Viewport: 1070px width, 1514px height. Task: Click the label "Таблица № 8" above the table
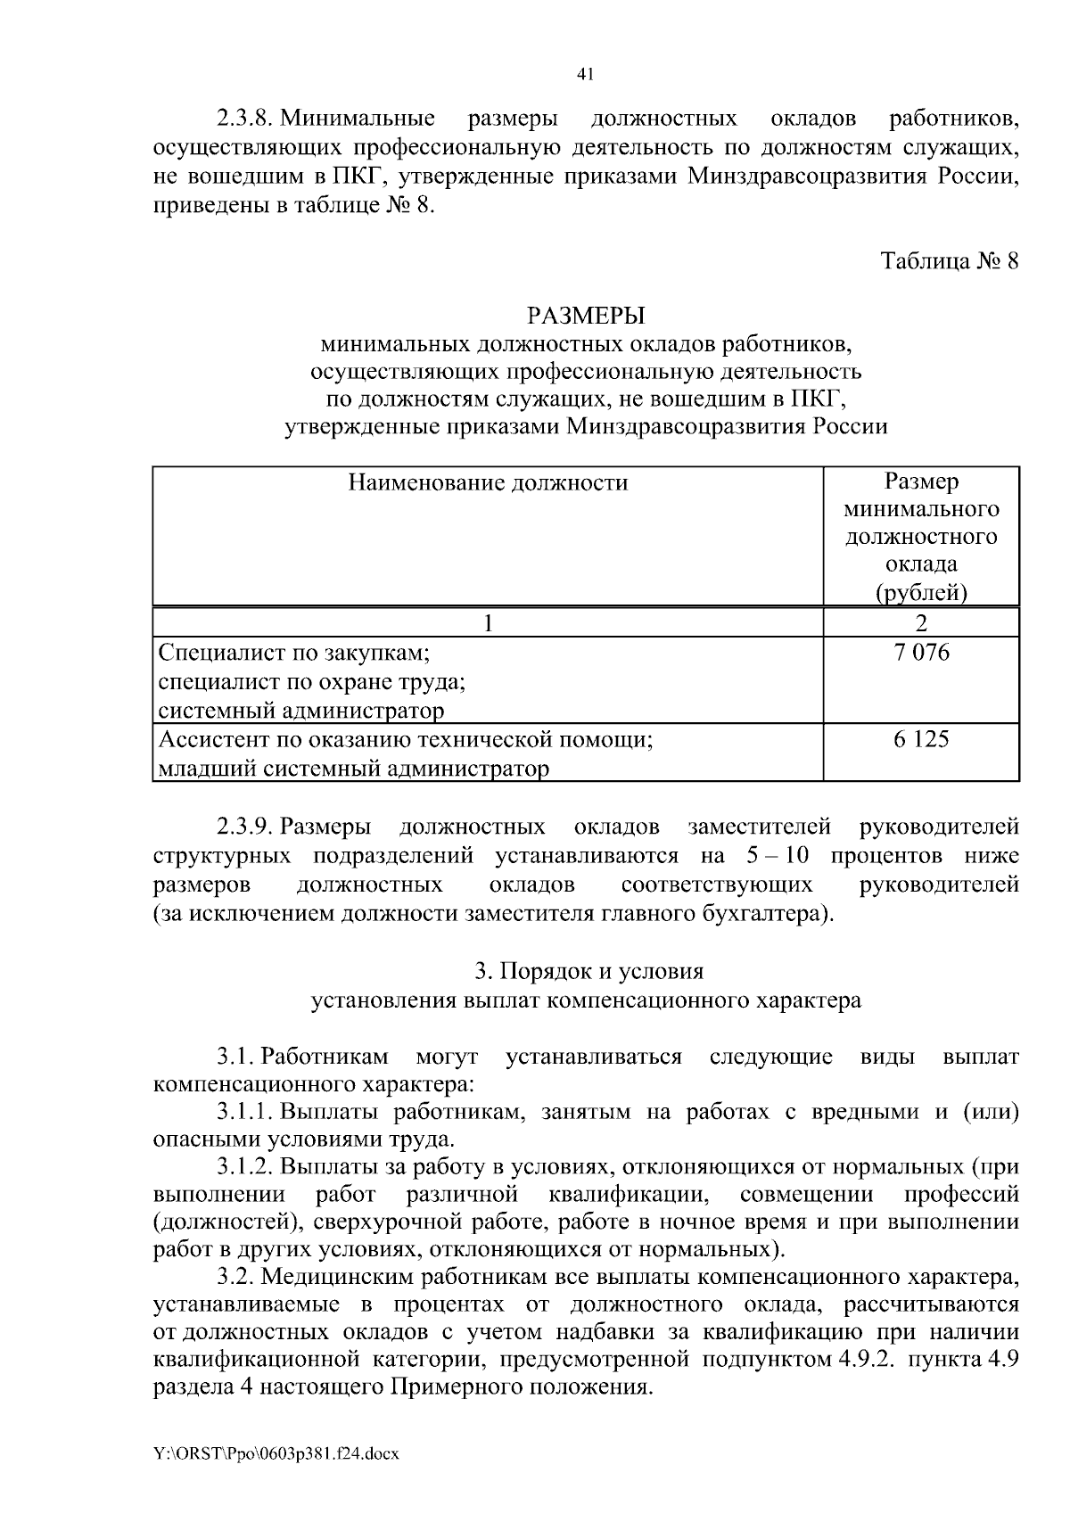point(949,261)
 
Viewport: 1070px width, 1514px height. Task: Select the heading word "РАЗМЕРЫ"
point(586,316)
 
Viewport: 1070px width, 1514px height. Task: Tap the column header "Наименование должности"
point(488,483)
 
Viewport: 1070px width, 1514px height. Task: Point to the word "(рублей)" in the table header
point(921,592)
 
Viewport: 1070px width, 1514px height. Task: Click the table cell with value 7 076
point(921,653)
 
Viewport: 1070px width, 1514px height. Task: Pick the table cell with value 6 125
point(921,739)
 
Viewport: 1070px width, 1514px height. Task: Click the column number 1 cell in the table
point(488,622)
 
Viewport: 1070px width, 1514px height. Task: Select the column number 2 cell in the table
point(921,622)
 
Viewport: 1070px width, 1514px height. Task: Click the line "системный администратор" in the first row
point(301,711)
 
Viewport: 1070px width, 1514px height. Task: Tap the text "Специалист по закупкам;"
point(294,653)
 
